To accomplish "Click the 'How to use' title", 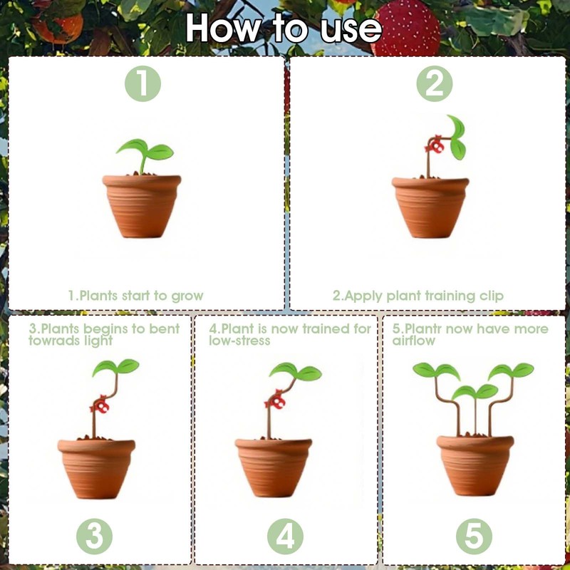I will coord(284,28).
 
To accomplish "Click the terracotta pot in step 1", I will coord(141,206).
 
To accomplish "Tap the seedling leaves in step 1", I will coord(145,149).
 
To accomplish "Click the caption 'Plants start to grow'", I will coord(135,295).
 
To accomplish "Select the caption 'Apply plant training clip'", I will coord(418,295).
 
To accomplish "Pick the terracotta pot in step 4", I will coord(274,467).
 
